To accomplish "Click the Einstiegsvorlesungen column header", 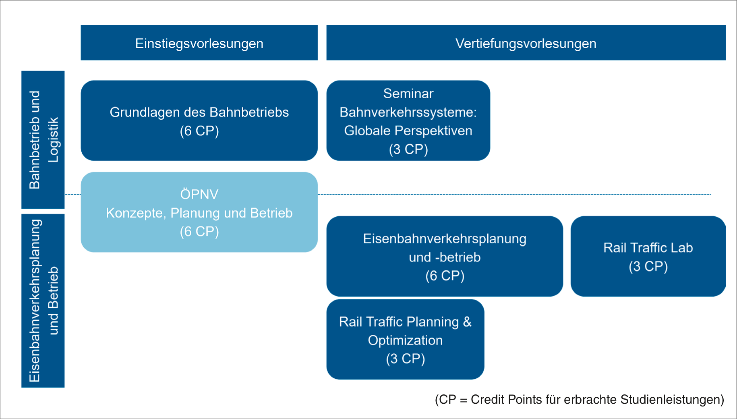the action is (x=199, y=43).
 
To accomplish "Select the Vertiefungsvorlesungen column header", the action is (x=526, y=43).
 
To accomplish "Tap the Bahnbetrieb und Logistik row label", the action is (x=43, y=140).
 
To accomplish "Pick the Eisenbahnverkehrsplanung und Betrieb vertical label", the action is (x=43, y=301).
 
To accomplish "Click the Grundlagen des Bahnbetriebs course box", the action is (x=199, y=120).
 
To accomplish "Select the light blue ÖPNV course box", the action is (x=199, y=212).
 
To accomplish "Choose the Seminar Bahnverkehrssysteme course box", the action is (x=408, y=120).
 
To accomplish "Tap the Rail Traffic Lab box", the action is (x=648, y=256).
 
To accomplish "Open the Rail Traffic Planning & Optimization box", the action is (x=405, y=339).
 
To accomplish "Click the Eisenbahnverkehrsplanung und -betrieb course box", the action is (x=445, y=256).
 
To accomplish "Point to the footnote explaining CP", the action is (x=580, y=400).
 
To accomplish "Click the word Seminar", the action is (x=408, y=93).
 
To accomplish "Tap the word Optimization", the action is (x=405, y=340).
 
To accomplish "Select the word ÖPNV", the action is (x=199, y=194).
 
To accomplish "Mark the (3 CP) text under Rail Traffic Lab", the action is (x=648, y=266).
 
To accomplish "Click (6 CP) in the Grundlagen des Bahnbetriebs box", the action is (x=199, y=131).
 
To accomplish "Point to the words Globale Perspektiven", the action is (x=408, y=131).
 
